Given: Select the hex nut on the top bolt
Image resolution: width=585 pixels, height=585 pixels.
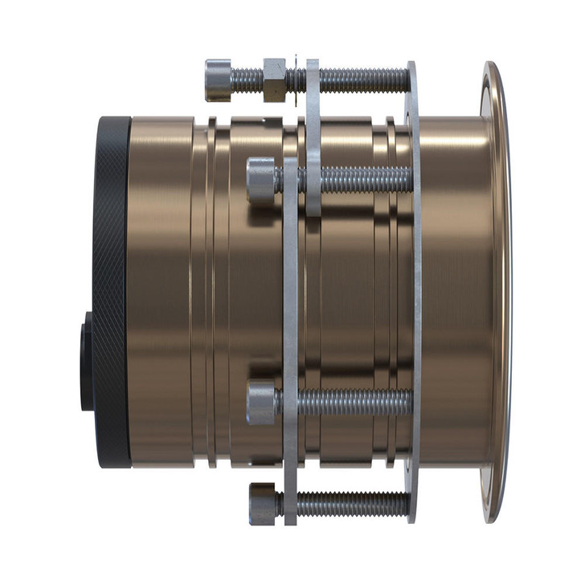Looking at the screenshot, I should [274, 79].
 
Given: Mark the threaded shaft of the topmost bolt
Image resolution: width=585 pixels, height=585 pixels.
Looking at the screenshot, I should [362, 79].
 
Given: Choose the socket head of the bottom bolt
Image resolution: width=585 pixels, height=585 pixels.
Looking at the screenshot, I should [264, 502].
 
